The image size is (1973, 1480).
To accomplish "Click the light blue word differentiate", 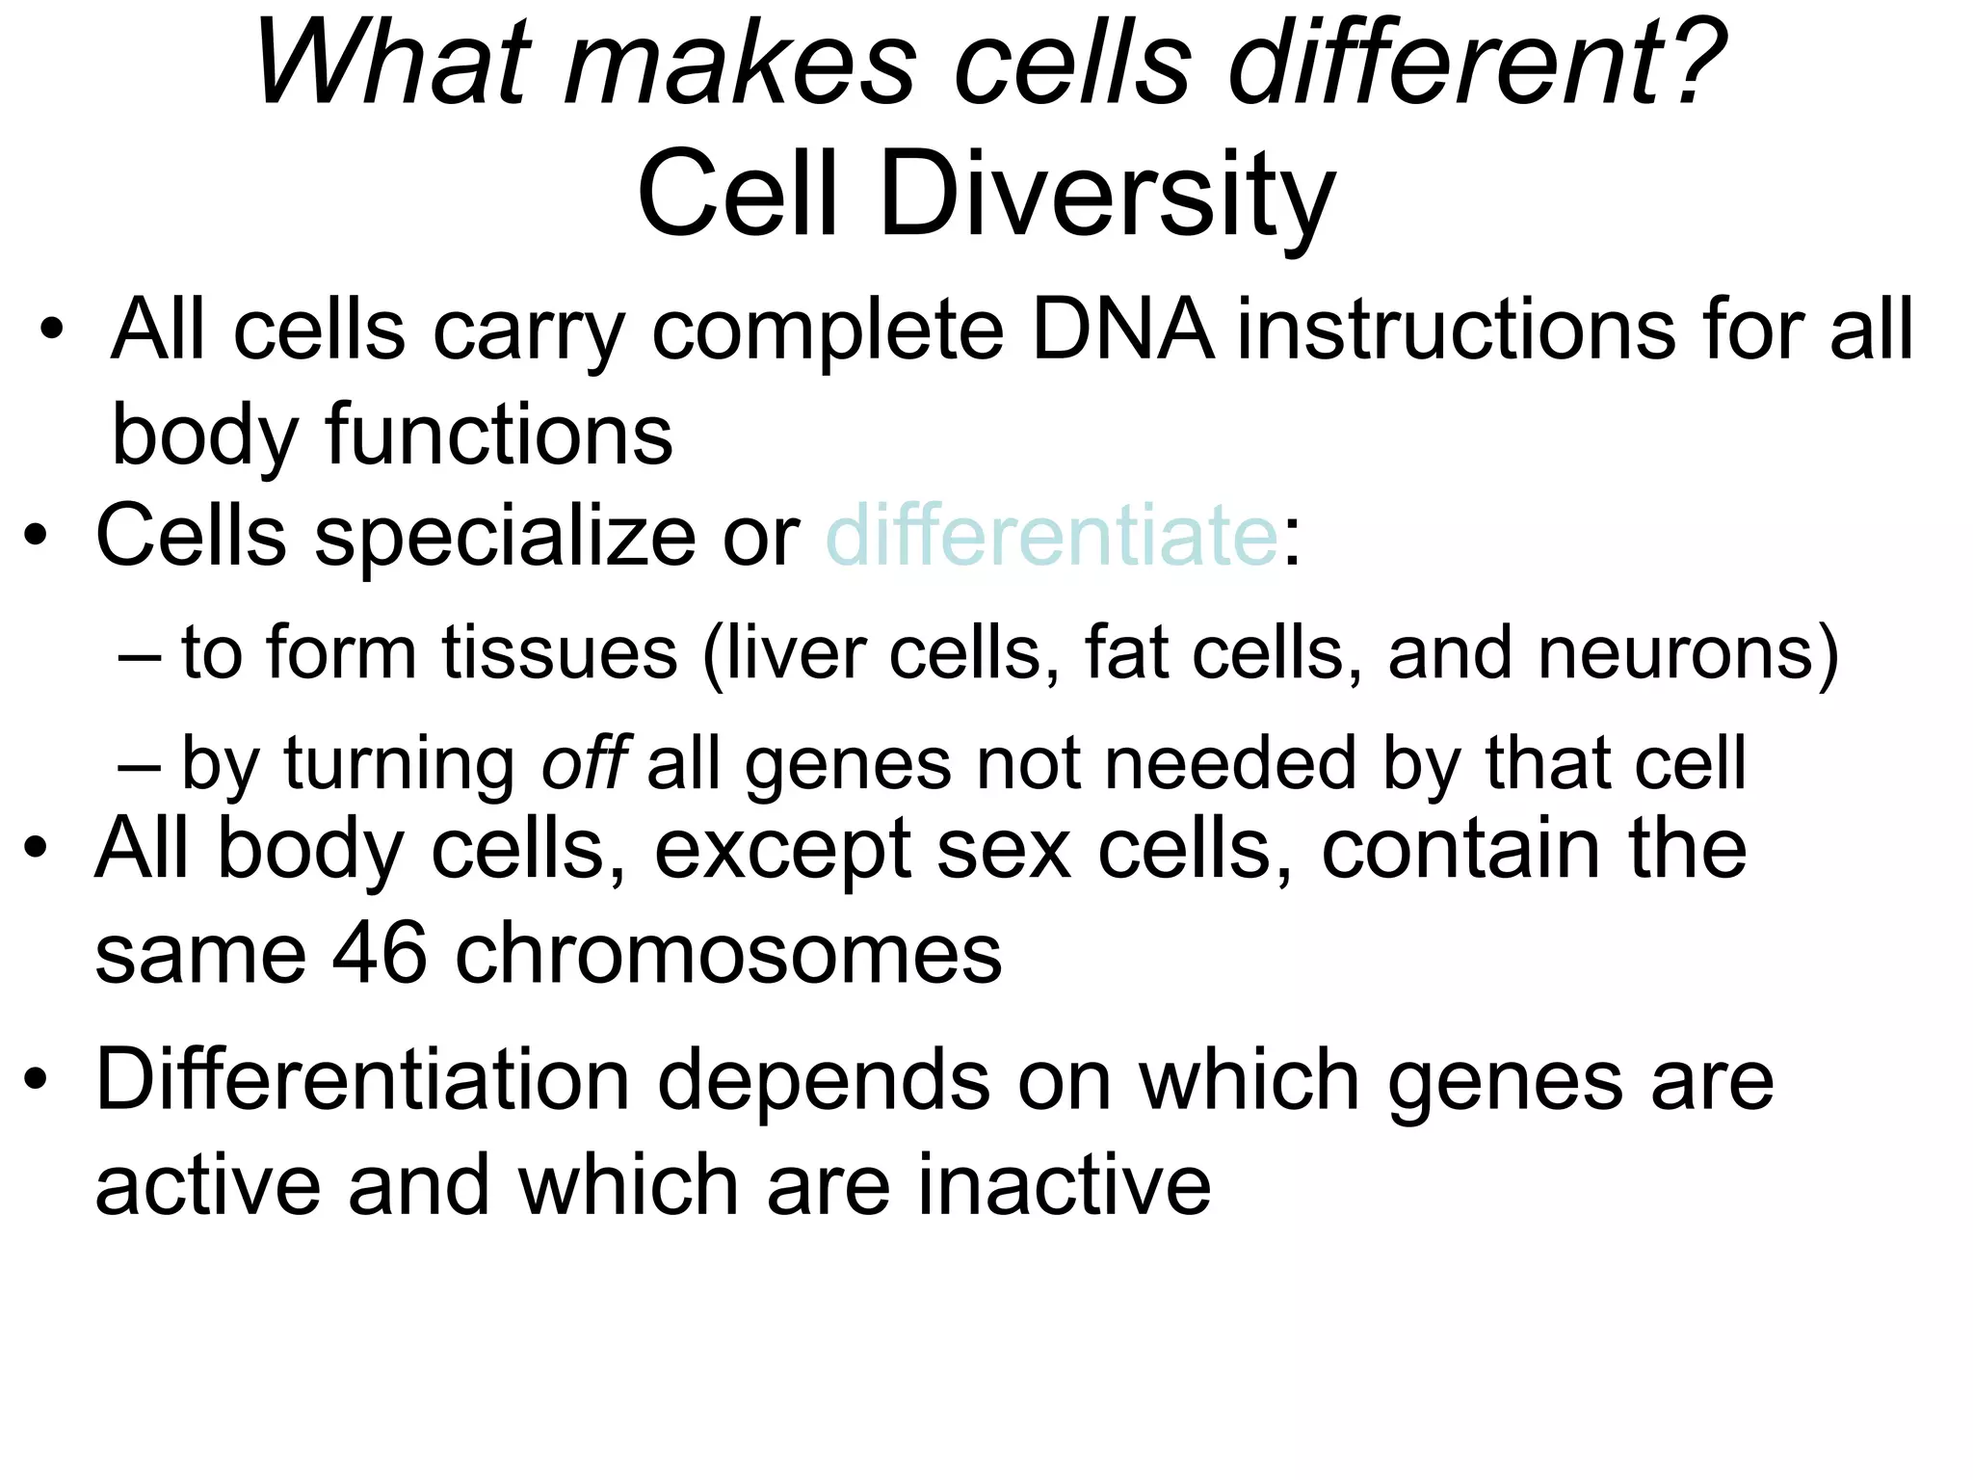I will coord(1051,536).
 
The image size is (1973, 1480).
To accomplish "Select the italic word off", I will coord(585,762).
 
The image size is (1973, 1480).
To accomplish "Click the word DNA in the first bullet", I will coord(1121,330).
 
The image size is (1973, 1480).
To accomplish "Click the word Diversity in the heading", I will coord(1106,195).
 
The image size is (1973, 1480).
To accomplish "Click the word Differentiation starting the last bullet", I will coord(362,1080).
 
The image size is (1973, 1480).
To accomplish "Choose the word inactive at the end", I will coord(1064,1184).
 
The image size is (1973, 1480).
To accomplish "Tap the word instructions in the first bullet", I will coord(1467,330).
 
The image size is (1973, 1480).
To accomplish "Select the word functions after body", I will coord(498,435).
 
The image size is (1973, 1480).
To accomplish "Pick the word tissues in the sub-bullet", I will coord(560,653).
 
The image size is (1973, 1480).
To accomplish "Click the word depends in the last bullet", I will coord(824,1080).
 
